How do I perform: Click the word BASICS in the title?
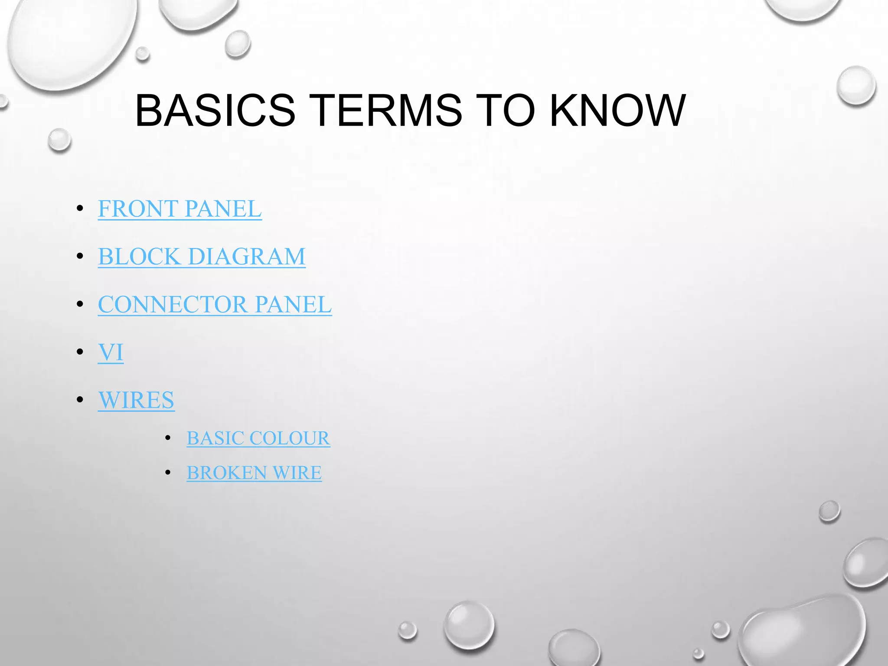coord(215,111)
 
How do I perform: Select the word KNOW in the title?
coord(617,111)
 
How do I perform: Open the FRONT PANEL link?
coord(180,209)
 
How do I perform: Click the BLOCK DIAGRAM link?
coord(202,256)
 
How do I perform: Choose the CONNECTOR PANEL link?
coord(215,304)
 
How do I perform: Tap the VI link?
coord(111,352)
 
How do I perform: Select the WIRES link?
coord(136,400)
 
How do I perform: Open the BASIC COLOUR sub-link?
coord(258,438)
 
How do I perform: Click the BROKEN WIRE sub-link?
coord(254,473)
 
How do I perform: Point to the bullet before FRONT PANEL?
coord(80,209)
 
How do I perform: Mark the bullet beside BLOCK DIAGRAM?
coord(80,257)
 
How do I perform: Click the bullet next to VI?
coord(80,352)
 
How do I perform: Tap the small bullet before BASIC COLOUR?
coord(168,438)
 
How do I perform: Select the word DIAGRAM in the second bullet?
coord(247,256)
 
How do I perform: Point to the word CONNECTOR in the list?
coord(173,304)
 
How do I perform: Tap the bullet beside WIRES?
coord(80,400)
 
